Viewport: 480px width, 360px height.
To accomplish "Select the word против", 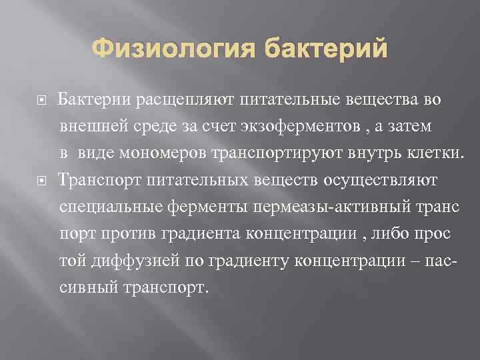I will coord(126,234).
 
